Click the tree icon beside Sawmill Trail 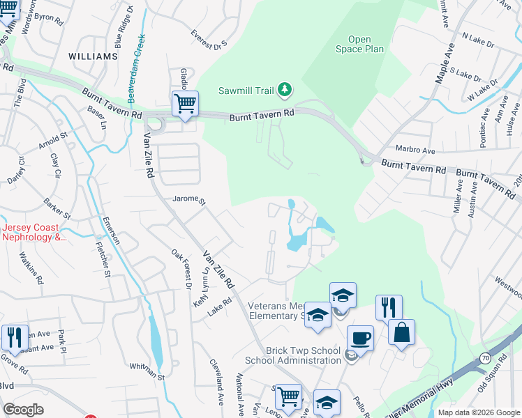(284, 89)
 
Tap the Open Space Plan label (359, 45)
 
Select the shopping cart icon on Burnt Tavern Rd (185, 104)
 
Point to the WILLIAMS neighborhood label (93, 56)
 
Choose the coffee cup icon (360, 338)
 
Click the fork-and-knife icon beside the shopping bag (389, 308)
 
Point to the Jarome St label (189, 200)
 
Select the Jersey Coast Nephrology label (35, 232)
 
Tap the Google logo (24, 410)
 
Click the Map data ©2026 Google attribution (478, 412)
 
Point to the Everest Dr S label (210, 39)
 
